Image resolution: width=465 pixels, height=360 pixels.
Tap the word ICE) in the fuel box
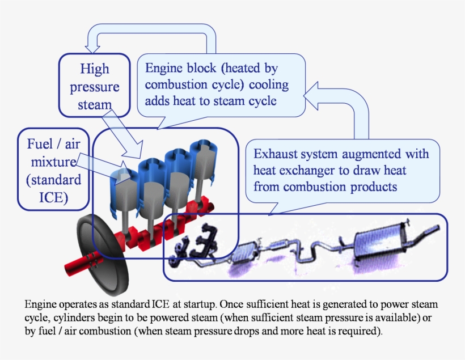[x=53, y=198]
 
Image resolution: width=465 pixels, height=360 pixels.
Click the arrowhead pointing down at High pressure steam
[x=92, y=49]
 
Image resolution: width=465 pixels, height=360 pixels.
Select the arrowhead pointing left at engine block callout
[x=311, y=95]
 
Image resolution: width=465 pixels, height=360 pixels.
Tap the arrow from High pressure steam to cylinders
[x=122, y=133]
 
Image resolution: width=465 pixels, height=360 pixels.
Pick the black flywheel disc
[x=102, y=255]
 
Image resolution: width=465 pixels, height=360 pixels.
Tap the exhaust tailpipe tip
[x=438, y=227]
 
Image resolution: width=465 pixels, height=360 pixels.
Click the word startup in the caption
[x=200, y=304]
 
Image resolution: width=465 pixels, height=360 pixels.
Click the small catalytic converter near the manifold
[x=245, y=252]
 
